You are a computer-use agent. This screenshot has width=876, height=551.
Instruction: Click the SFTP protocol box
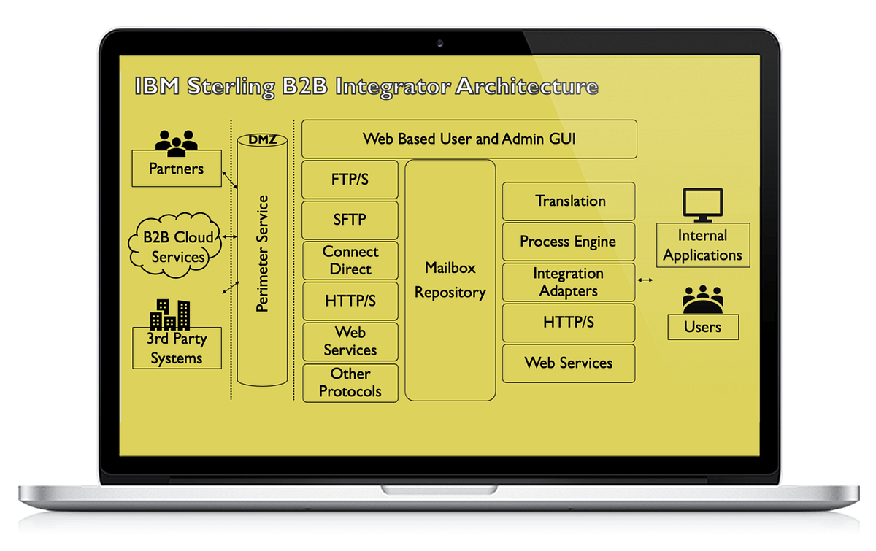[350, 220]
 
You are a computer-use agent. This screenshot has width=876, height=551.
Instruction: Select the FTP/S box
[350, 180]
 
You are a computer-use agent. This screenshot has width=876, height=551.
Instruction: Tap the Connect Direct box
[350, 261]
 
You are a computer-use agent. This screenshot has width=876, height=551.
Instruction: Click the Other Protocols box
[350, 382]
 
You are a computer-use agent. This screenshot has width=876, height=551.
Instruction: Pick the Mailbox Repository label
[450, 280]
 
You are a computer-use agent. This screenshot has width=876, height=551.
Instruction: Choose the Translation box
[569, 201]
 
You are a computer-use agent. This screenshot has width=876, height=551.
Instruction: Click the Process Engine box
[569, 242]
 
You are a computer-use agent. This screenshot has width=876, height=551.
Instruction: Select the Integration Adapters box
[569, 282]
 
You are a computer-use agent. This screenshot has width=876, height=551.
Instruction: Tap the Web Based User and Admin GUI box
[469, 139]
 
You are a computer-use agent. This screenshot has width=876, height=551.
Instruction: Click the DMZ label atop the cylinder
[263, 139]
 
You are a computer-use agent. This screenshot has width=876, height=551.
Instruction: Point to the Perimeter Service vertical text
[263, 253]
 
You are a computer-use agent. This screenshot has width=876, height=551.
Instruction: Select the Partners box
[176, 169]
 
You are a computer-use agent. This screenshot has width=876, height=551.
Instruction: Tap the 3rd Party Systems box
[176, 349]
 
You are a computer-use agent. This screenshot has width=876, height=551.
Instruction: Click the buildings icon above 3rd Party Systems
[169, 315]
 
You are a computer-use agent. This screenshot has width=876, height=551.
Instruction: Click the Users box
[702, 327]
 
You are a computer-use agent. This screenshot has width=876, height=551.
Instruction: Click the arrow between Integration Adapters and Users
[645, 280]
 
